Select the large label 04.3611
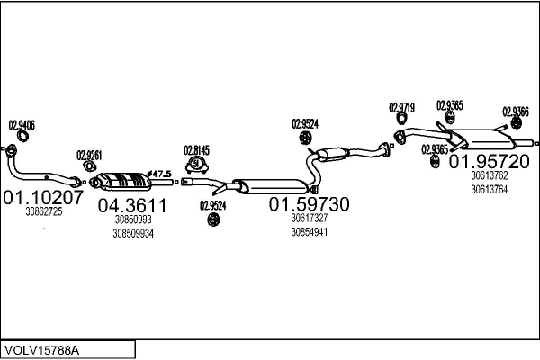click(132, 204)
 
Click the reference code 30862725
click(43, 211)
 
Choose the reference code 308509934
click(133, 233)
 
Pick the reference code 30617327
click(309, 218)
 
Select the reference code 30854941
click(309, 231)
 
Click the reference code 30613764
click(489, 189)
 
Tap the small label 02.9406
click(22, 124)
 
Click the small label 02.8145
click(196, 149)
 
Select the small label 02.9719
click(401, 108)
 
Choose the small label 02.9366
click(515, 112)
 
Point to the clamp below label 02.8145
click(196, 166)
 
